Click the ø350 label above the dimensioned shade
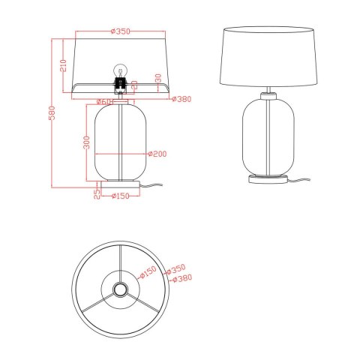(121, 31)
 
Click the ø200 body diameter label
(157, 154)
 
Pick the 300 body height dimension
(87, 142)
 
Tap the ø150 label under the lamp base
(121, 196)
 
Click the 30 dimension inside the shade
(157, 78)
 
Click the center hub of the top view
(118, 289)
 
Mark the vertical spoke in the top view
(118, 262)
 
